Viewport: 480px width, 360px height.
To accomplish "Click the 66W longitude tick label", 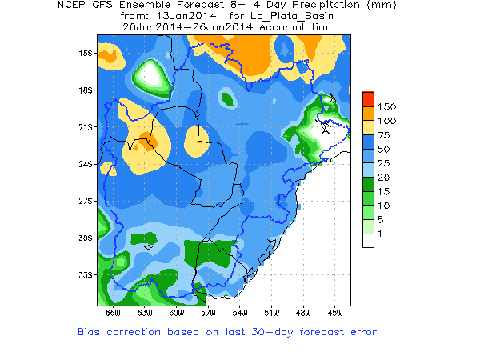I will pos(112,311).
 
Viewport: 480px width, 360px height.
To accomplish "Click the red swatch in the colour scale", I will pos(368,98).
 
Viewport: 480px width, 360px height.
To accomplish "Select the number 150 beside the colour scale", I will pos(386,106).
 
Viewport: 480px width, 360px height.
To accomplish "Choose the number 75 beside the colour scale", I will pos(384,134).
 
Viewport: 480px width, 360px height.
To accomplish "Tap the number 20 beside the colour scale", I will pos(384,175).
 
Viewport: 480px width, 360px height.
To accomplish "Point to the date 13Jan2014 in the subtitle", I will pos(178,16).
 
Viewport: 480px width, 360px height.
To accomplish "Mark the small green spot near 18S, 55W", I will pos(227,99).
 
